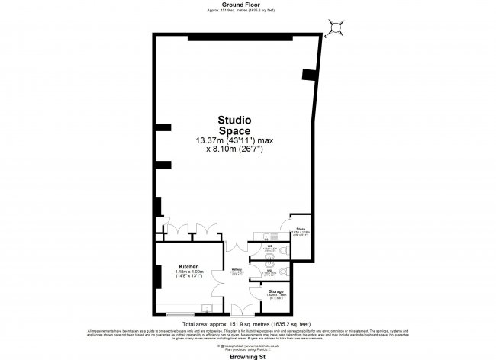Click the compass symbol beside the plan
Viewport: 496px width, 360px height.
[x=336, y=27]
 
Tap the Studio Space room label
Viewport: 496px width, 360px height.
[x=235, y=125]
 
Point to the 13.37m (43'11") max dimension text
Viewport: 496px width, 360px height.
[x=235, y=140]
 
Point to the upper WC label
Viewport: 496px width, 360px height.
[x=269, y=245]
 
